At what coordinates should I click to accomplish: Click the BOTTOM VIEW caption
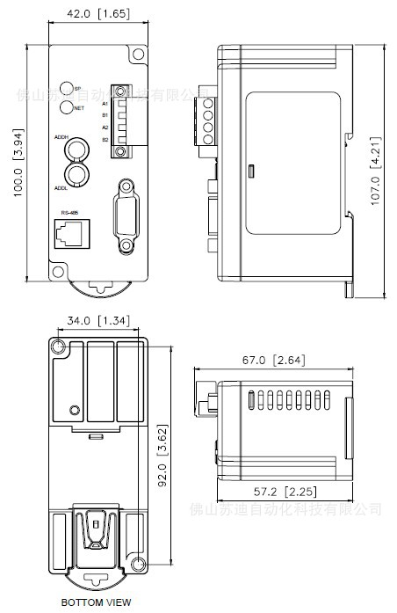point(96,602)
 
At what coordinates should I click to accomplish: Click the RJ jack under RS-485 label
point(69,233)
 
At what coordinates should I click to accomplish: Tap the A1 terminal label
point(105,103)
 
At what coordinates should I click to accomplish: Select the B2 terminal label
point(105,140)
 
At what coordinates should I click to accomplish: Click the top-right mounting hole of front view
point(136,55)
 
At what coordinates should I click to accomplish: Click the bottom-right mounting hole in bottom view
point(139,563)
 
